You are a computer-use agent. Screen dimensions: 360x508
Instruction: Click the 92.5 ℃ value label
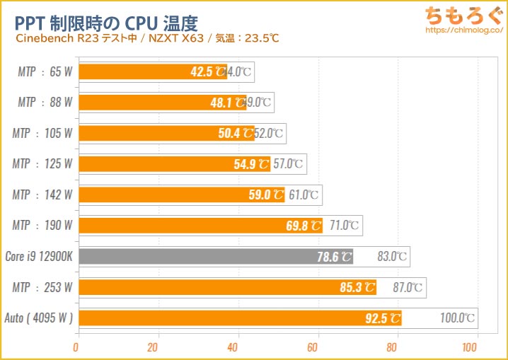(x=383, y=318)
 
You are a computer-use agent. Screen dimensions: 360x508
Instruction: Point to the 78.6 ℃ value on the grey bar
(x=335, y=257)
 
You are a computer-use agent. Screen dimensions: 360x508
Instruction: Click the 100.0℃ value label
(x=458, y=318)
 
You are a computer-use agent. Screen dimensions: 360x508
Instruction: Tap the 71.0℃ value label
(x=343, y=226)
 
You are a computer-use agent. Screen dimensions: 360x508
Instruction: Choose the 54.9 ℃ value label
(x=251, y=164)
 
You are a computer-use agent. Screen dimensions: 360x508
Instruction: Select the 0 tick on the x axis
(x=76, y=347)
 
